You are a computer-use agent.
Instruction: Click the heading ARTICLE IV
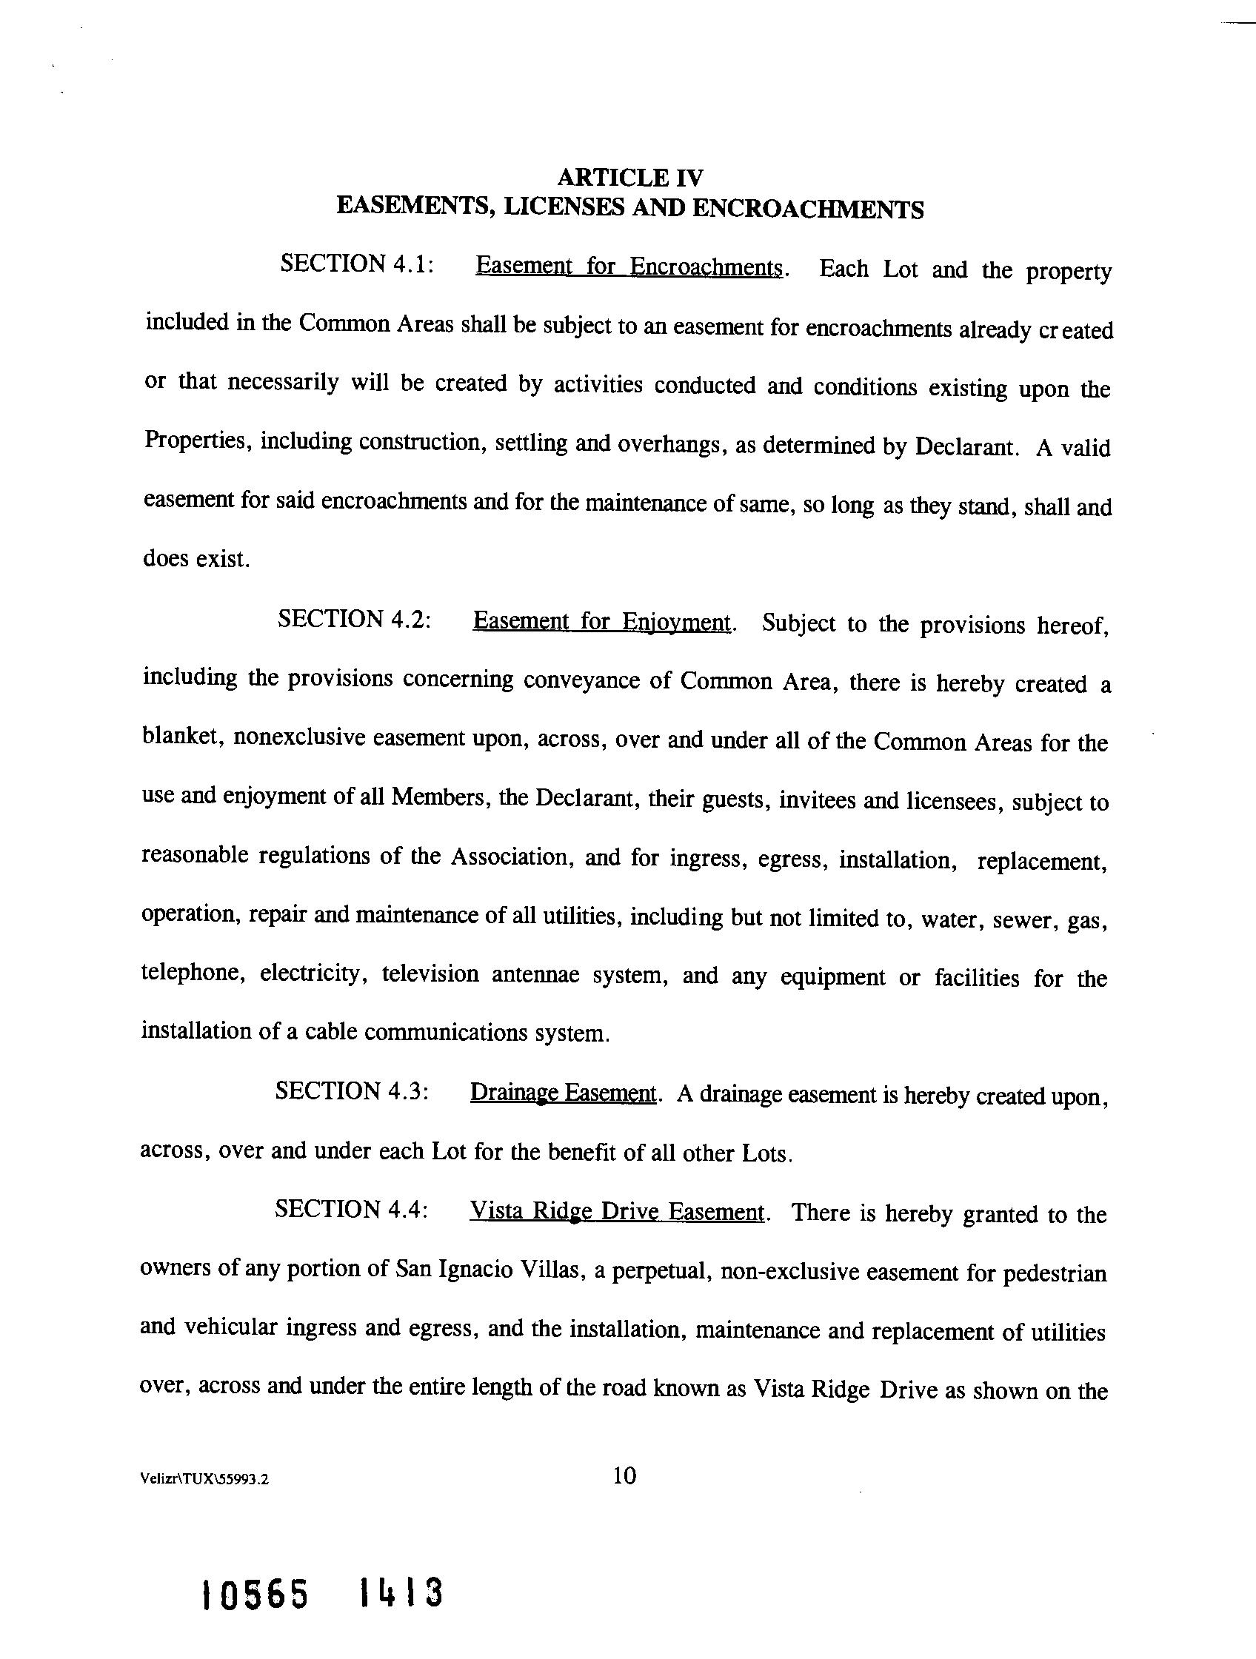tap(630, 178)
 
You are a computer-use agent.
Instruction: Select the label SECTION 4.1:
tap(356, 264)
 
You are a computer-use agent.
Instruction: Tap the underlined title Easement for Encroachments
tap(629, 267)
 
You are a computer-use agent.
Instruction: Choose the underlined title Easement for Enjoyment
tap(602, 622)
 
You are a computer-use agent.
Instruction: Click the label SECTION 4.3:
tap(352, 1090)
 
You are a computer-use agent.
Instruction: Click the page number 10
tap(624, 1475)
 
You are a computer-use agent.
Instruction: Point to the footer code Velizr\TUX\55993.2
tap(204, 1480)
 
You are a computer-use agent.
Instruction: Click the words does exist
tap(195, 559)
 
